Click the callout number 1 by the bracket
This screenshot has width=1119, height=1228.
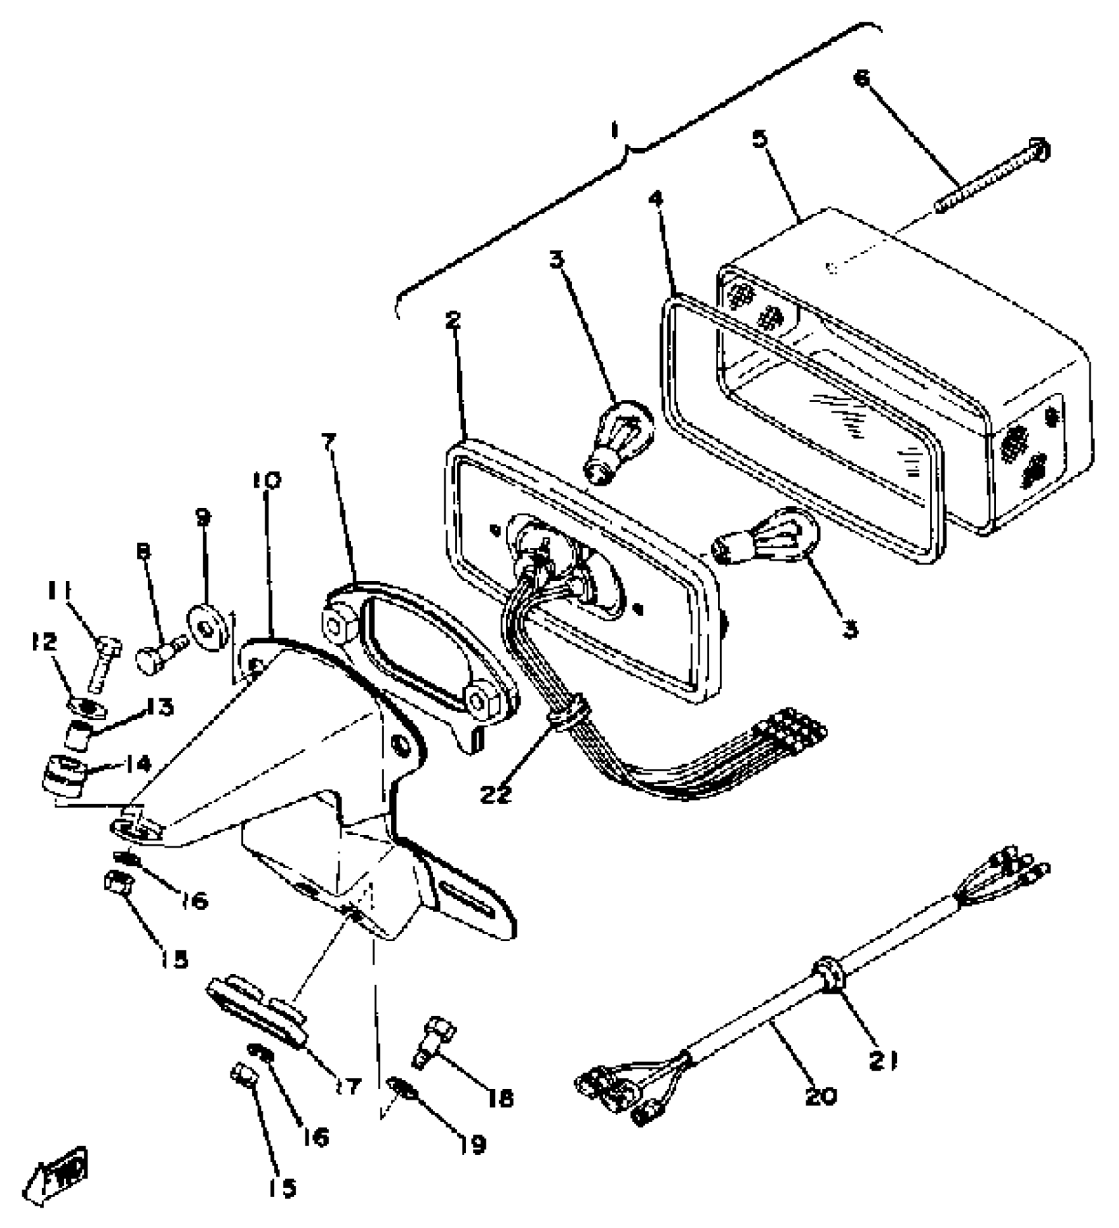pyautogui.click(x=615, y=132)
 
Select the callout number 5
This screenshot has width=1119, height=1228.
pyautogui.click(x=760, y=140)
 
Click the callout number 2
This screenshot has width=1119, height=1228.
pyautogui.click(x=453, y=320)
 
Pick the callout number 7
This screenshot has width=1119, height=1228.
pyautogui.click(x=329, y=441)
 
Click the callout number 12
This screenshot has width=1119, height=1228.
pyautogui.click(x=45, y=642)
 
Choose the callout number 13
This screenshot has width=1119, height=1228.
pyautogui.click(x=159, y=708)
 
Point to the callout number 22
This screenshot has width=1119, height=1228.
pyautogui.click(x=495, y=794)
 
